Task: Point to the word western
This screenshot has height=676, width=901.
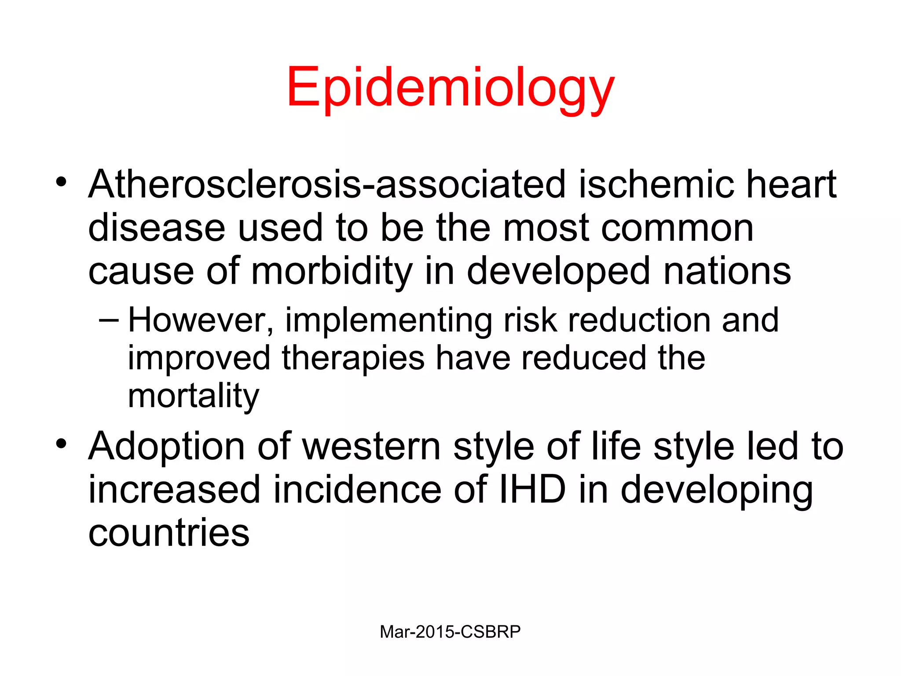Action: (372, 447)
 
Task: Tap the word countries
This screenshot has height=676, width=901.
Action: (169, 533)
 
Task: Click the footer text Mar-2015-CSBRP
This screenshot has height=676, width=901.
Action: (450, 632)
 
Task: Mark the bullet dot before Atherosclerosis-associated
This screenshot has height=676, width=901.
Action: (61, 181)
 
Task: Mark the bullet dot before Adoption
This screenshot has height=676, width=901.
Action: (61, 444)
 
